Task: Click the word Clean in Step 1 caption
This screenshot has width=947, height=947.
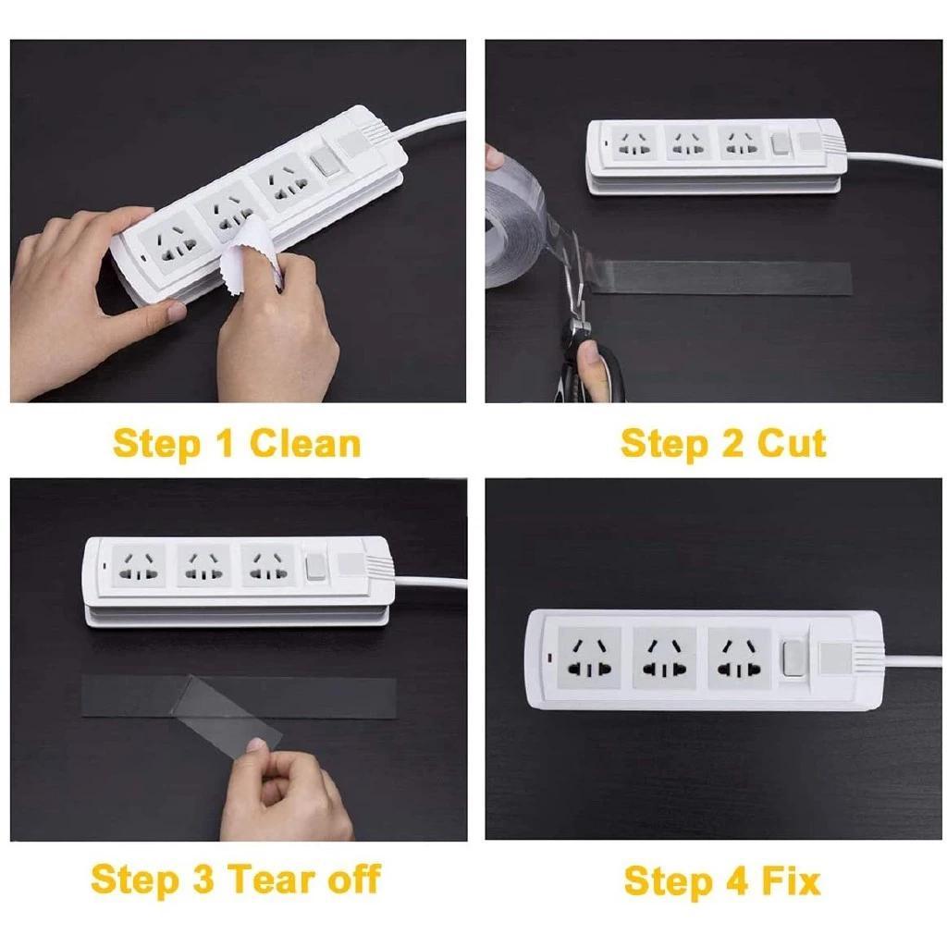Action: coord(304,444)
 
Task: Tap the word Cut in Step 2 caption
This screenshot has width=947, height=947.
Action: coord(792,444)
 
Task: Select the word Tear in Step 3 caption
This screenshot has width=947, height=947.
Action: coord(269,878)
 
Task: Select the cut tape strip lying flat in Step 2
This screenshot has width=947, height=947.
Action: coord(721,277)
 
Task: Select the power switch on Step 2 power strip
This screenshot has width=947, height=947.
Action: coord(779,144)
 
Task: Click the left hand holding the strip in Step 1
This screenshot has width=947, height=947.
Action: coord(74,296)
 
